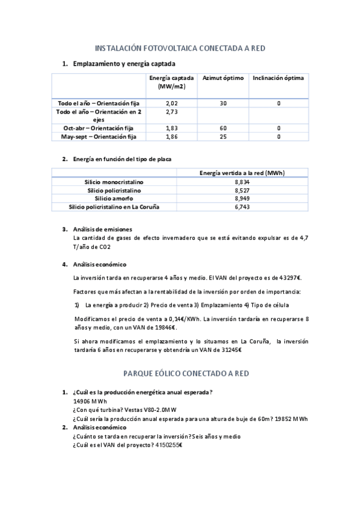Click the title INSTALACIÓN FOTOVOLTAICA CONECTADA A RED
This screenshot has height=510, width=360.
pos(180,48)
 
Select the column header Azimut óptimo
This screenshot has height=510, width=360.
pos(223,78)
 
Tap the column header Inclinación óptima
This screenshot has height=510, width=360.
pos(278,78)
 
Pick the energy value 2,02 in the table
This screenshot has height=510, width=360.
pos(172,103)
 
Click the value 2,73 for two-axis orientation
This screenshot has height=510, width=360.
pos(172,112)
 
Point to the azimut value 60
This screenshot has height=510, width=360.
pos(223,128)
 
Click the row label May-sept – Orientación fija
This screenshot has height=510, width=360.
pos(99,137)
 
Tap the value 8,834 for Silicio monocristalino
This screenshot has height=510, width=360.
pos(242,182)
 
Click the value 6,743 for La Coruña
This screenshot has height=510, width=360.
pos(242,207)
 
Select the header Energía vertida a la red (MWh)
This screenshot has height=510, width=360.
pos(242,173)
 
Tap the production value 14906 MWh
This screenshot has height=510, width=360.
pos(90,401)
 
